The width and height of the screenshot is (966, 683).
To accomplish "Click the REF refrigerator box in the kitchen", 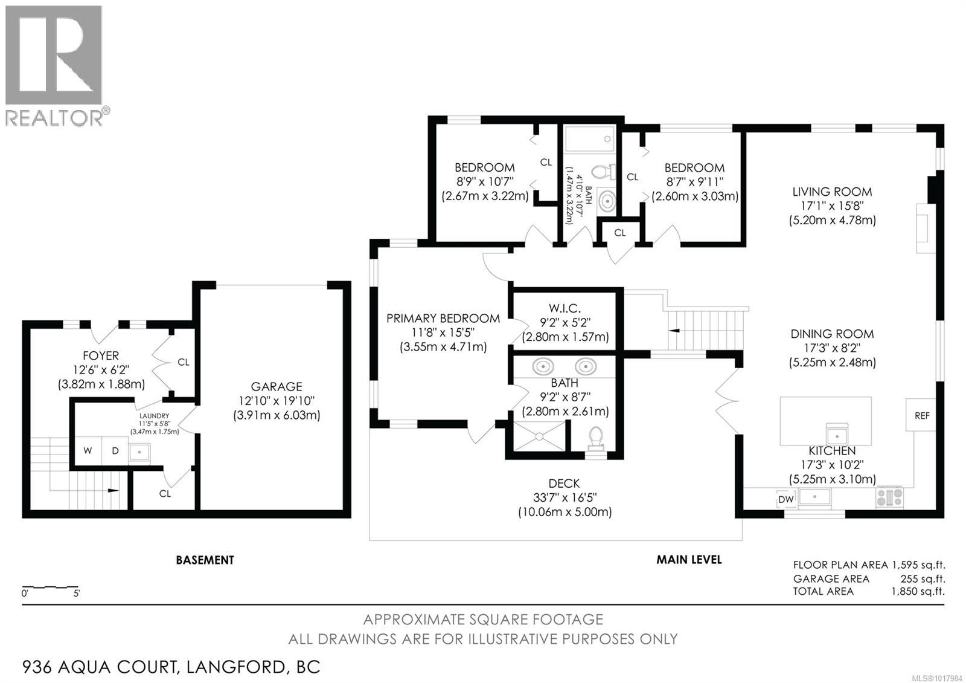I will pyautogui.click(x=921, y=415).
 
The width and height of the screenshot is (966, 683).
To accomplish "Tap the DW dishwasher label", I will pyautogui.click(x=785, y=499).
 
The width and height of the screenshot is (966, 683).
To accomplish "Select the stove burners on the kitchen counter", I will pyautogui.click(x=889, y=497).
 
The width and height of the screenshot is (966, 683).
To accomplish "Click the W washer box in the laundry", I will pyautogui.click(x=88, y=451).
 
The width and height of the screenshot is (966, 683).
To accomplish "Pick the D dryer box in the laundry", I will pyautogui.click(x=115, y=451).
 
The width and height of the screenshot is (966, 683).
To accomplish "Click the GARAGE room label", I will pyautogui.click(x=277, y=386).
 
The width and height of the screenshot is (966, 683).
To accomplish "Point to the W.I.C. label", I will pyautogui.click(x=565, y=308).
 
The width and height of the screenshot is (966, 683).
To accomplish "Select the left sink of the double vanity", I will pyautogui.click(x=543, y=366).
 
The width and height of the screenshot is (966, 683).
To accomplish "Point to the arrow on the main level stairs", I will pyautogui.click(x=675, y=331).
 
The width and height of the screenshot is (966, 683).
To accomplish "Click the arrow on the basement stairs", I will pyautogui.click(x=113, y=490).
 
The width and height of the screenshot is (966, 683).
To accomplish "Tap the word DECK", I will pyautogui.click(x=564, y=484).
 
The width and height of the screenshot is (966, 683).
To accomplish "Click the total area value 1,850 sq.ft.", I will pyautogui.click(x=918, y=591).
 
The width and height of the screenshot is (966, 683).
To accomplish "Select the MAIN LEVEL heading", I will pyautogui.click(x=689, y=560).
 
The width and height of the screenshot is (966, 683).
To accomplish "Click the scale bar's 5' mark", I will pyautogui.click(x=77, y=594).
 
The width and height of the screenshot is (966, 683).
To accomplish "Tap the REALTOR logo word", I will pyautogui.click(x=54, y=117).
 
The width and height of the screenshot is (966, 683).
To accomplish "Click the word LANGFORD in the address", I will pyautogui.click(x=235, y=667).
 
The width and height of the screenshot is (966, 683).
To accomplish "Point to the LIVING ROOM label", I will pyautogui.click(x=832, y=192).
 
